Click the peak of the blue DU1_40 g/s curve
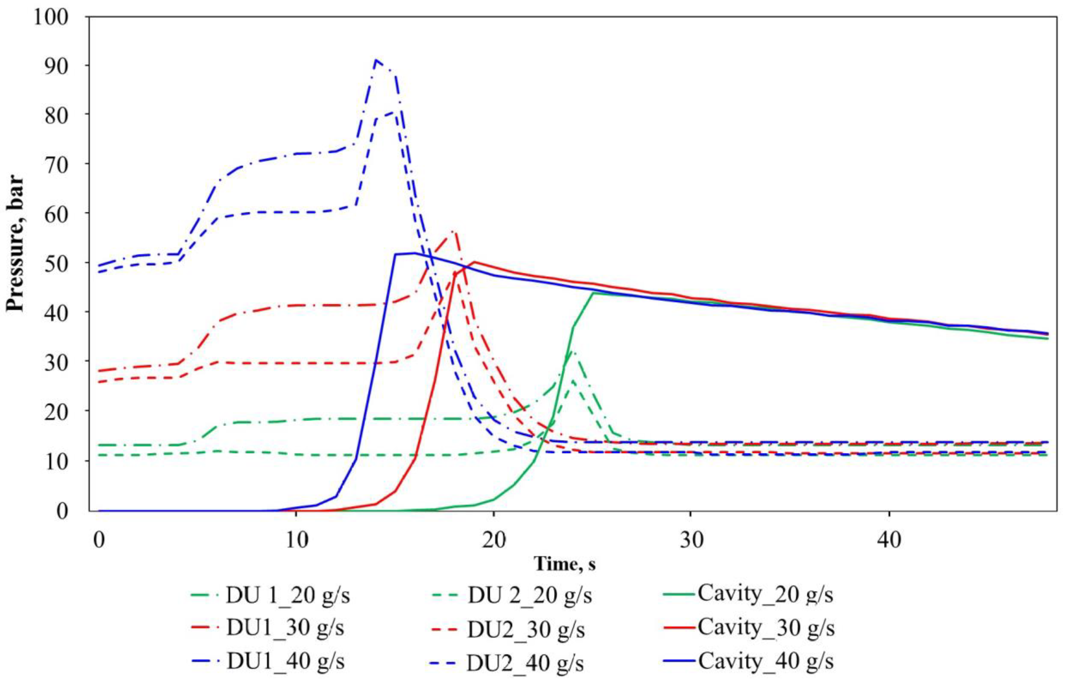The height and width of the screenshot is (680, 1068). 376,60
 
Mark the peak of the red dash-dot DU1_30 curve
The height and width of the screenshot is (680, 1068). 453,231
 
